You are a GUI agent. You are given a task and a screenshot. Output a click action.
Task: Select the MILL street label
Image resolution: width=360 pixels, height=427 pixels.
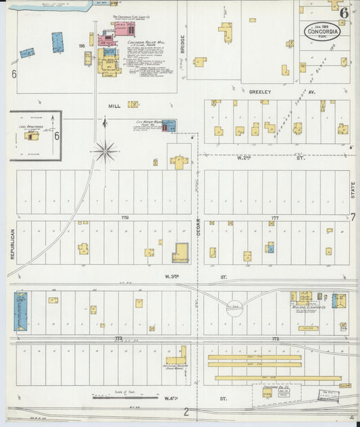tap(114, 106)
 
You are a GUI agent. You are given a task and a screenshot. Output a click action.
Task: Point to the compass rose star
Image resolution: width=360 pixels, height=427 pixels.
tap(105, 151)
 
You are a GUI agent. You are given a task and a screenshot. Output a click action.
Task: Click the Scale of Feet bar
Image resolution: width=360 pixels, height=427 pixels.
tap(116, 397)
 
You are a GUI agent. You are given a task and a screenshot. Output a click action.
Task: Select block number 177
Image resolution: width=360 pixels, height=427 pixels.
tap(274, 218)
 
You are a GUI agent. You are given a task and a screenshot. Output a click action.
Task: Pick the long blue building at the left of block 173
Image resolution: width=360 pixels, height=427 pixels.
tap(20, 311)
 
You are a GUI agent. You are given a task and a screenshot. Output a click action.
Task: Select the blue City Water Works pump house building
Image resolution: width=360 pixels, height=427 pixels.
tap(173, 126)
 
